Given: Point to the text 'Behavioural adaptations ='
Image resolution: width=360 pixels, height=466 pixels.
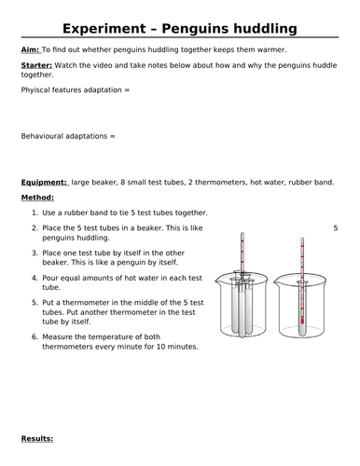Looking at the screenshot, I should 68,136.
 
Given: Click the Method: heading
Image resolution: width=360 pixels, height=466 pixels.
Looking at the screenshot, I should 37,198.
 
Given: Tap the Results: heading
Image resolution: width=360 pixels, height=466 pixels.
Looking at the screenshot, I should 37,437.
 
